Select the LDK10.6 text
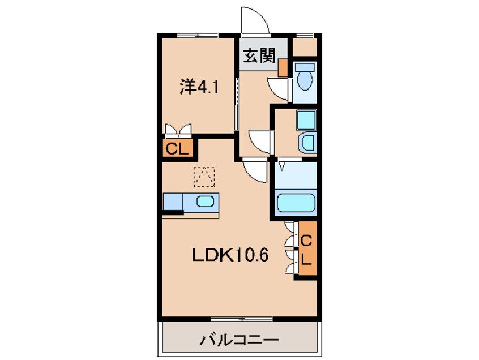pos(229,255)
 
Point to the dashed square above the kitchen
pos(204,177)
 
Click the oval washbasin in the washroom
pos(308,142)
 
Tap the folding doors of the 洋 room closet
pos(178,131)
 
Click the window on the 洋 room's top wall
pos(196,36)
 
